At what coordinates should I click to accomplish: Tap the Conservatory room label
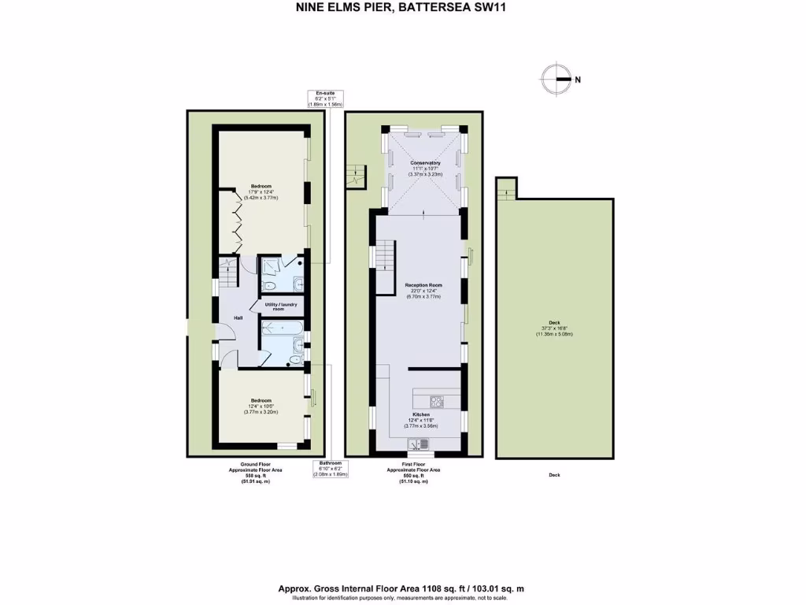pyautogui.click(x=425, y=163)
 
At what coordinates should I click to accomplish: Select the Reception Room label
pyautogui.click(x=423, y=285)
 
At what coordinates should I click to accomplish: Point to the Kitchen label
pyautogui.click(x=421, y=414)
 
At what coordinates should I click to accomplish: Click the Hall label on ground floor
pyautogui.click(x=237, y=317)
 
